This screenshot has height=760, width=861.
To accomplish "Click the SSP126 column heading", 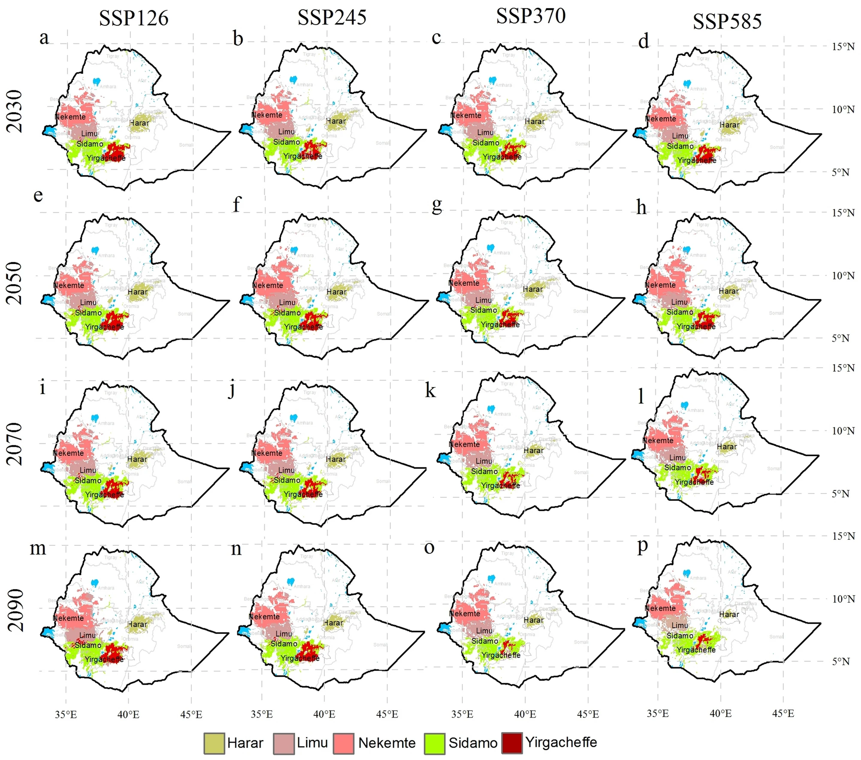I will [x=133, y=18].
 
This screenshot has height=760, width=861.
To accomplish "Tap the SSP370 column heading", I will [x=531, y=16].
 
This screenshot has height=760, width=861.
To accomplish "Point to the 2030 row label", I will [x=15, y=111].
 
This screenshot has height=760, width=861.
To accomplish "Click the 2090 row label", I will [x=16, y=610].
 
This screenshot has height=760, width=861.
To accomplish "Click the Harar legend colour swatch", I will [x=214, y=743].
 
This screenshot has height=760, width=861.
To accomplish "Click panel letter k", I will [x=430, y=391].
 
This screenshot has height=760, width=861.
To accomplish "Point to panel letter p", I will [x=642, y=546].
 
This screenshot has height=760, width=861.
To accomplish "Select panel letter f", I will [x=237, y=204].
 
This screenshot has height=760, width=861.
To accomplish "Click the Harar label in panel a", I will [x=139, y=123].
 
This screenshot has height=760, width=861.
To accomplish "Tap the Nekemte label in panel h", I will [x=660, y=285].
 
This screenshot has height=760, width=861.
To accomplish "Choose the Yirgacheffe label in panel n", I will [x=300, y=658].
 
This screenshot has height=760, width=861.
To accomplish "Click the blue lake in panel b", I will [x=293, y=79].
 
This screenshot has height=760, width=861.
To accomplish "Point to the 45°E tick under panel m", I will [x=191, y=715].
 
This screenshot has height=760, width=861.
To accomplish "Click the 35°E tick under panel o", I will [x=462, y=714].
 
